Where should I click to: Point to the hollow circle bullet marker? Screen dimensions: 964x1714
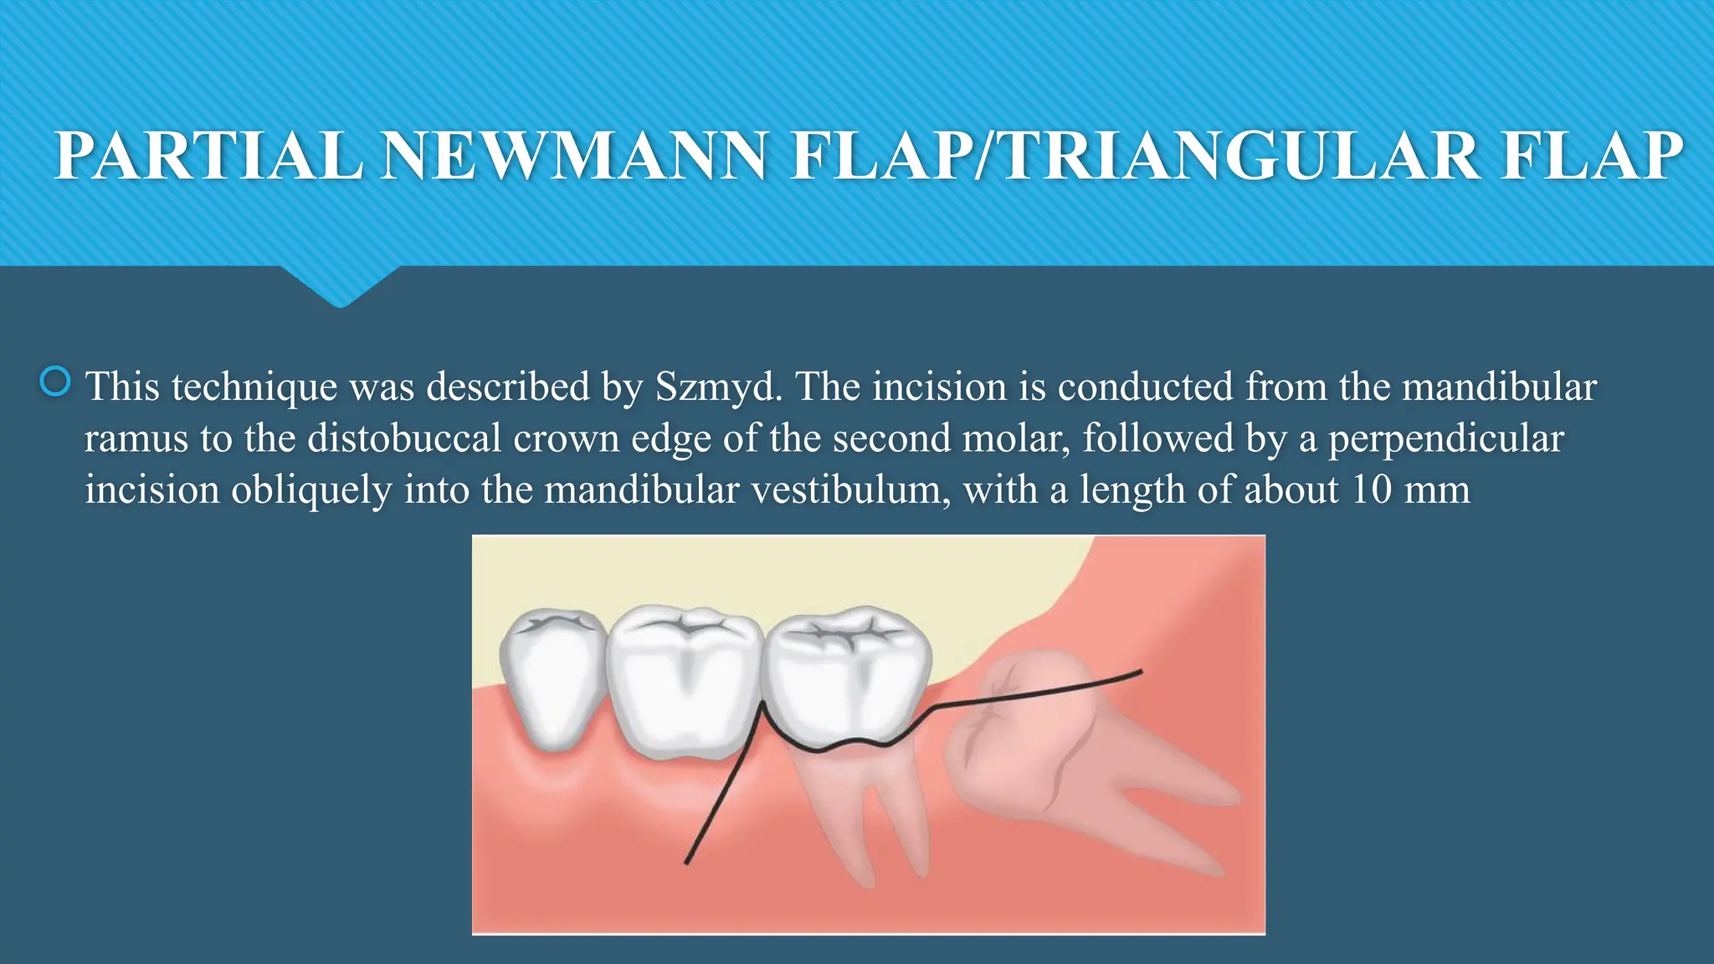coord(55,382)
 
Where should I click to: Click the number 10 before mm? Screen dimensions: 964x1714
coord(1372,490)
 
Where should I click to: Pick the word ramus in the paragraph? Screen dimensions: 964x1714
coord(136,438)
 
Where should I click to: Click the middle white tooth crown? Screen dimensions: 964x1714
coord(685,678)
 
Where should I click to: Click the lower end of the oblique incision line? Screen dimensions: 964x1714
coord(687,862)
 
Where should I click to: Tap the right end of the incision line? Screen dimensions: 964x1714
coord(1140,671)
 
